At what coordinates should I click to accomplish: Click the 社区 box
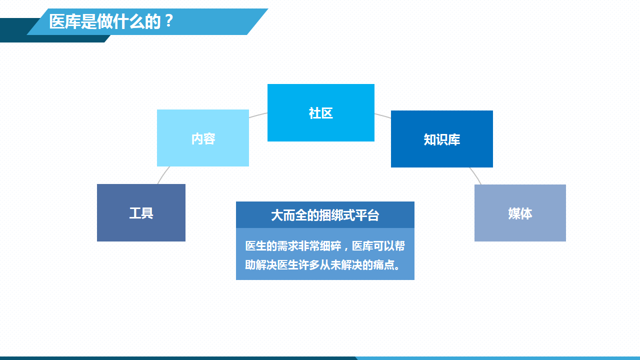click(x=320, y=113)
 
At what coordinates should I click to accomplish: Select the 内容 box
click(x=203, y=138)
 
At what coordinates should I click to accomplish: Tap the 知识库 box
click(x=441, y=139)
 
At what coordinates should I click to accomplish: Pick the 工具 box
click(x=141, y=213)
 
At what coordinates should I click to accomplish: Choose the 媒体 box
click(x=520, y=213)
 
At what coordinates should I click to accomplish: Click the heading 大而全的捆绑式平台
click(x=325, y=215)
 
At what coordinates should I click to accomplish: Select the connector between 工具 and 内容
click(x=163, y=175)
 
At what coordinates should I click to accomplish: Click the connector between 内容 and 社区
click(x=258, y=115)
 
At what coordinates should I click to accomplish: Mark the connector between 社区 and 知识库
click(x=383, y=115)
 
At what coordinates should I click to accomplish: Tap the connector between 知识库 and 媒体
click(x=475, y=175)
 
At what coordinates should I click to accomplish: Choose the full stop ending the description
click(x=397, y=266)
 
